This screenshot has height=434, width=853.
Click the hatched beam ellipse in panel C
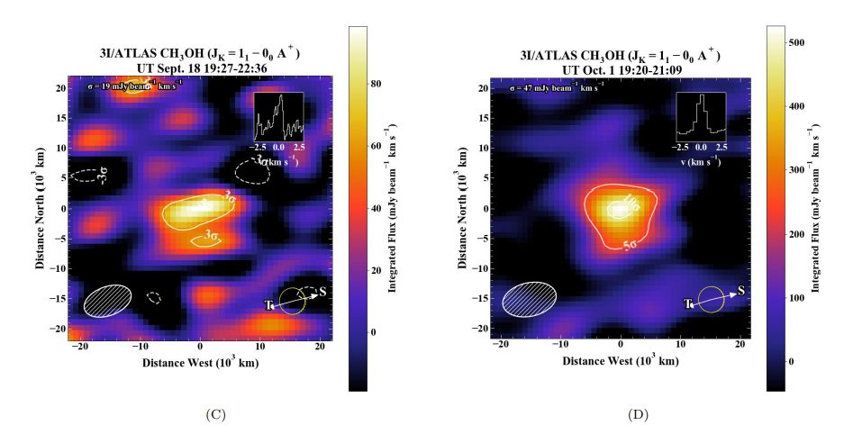[x=107, y=299]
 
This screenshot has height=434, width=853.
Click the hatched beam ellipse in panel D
[x=530, y=299]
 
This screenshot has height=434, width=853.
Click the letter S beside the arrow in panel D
[x=740, y=291]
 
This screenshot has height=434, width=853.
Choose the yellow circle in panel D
[x=711, y=299]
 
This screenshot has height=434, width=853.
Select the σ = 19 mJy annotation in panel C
[x=132, y=86]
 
